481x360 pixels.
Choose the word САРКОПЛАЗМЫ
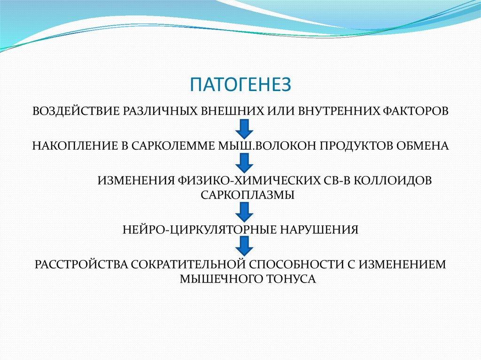pyautogui.click(x=248, y=194)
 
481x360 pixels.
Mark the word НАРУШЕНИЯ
pyautogui.click(x=319, y=230)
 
